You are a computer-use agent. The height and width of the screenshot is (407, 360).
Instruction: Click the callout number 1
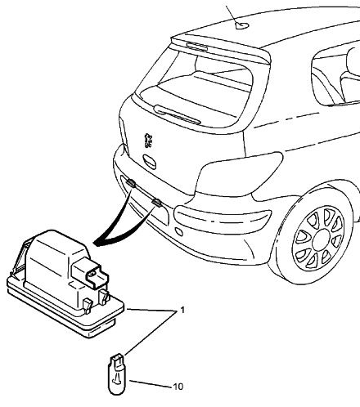(182, 310)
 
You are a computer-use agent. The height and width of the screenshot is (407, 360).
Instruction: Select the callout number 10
(178, 387)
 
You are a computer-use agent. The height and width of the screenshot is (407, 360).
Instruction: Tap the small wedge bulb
(117, 373)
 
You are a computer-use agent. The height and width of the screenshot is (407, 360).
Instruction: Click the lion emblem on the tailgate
(148, 141)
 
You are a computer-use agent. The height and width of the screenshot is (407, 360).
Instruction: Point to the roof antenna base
(242, 25)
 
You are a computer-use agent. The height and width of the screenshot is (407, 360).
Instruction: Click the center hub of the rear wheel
(322, 239)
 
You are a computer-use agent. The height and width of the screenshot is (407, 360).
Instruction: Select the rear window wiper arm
(178, 114)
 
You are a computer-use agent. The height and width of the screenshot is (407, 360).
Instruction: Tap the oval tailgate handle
(150, 162)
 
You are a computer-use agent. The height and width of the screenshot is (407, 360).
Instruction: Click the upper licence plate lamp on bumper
(131, 182)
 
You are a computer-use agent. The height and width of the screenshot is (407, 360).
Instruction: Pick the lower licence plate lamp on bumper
(157, 202)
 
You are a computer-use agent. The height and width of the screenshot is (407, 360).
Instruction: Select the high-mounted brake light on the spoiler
(197, 46)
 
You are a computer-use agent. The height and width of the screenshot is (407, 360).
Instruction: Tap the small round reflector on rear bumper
(179, 231)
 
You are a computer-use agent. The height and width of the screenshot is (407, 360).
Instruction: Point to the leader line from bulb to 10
(151, 383)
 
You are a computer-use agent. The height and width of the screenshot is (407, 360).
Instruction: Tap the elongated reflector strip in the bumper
(223, 218)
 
